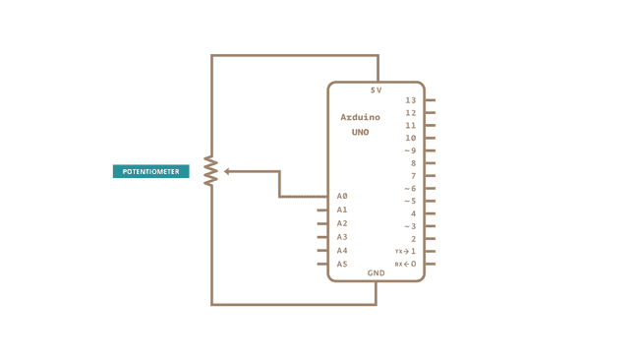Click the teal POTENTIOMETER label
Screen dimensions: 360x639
(150, 171)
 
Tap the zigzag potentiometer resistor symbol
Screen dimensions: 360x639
(210, 171)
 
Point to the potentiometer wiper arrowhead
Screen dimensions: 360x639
(227, 171)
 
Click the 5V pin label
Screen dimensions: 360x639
(376, 90)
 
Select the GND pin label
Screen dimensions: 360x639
(376, 272)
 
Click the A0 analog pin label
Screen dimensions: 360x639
(342, 196)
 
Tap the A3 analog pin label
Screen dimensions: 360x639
(342, 237)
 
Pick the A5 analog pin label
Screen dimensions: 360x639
(342, 264)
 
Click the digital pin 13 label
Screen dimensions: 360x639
(410, 100)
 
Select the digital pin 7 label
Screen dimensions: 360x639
(413, 176)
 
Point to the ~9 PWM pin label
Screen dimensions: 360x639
(410, 150)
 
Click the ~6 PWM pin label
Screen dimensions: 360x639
(410, 188)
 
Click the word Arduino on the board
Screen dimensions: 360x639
(360, 117)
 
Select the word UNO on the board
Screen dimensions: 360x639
(360, 132)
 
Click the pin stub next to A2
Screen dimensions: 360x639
(322, 223)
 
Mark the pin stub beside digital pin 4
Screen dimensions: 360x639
(430, 213)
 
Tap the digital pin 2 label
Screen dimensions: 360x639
(413, 239)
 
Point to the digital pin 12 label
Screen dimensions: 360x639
(410, 113)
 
